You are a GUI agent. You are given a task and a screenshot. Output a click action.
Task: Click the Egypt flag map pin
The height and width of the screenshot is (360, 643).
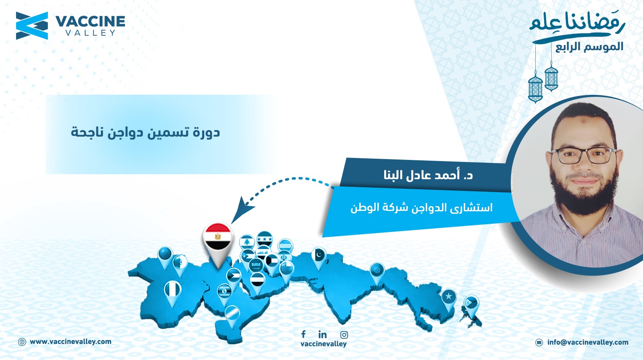point(217,241)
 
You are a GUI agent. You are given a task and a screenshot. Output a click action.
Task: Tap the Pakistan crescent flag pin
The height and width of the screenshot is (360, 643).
point(319,257)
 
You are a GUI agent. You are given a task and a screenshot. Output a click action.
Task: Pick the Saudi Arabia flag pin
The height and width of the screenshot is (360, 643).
point(256,265)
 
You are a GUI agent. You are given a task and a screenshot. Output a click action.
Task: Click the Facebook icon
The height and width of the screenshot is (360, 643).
point(303,334)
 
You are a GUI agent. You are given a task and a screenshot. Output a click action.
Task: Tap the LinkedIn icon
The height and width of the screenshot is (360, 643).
point(322,334)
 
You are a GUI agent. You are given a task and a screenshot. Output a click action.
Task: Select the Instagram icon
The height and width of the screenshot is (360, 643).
point(344,335)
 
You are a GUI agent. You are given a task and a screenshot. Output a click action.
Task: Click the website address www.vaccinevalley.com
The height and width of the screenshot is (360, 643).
point(70,342)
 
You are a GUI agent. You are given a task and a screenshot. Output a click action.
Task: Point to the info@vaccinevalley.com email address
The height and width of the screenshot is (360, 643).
point(588,342)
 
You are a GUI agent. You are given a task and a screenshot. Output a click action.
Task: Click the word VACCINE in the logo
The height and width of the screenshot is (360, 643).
point(90,22)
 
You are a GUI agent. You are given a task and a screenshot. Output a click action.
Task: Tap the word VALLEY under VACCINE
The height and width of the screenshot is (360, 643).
point(90,33)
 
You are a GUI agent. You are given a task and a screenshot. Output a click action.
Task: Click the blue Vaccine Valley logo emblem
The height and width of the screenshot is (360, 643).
point(32,26)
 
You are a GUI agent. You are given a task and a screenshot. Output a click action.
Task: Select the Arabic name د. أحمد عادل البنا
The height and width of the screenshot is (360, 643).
point(428,175)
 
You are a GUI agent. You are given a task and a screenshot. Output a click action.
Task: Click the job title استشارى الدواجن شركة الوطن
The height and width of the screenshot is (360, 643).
point(422,207)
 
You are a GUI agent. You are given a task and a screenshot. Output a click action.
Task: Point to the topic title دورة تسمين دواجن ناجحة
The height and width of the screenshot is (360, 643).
point(145,133)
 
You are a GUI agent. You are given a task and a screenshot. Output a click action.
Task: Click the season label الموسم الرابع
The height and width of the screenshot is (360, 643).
point(589,47)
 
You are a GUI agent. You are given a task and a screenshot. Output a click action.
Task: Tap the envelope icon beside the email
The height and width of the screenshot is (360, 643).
point(539,342)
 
